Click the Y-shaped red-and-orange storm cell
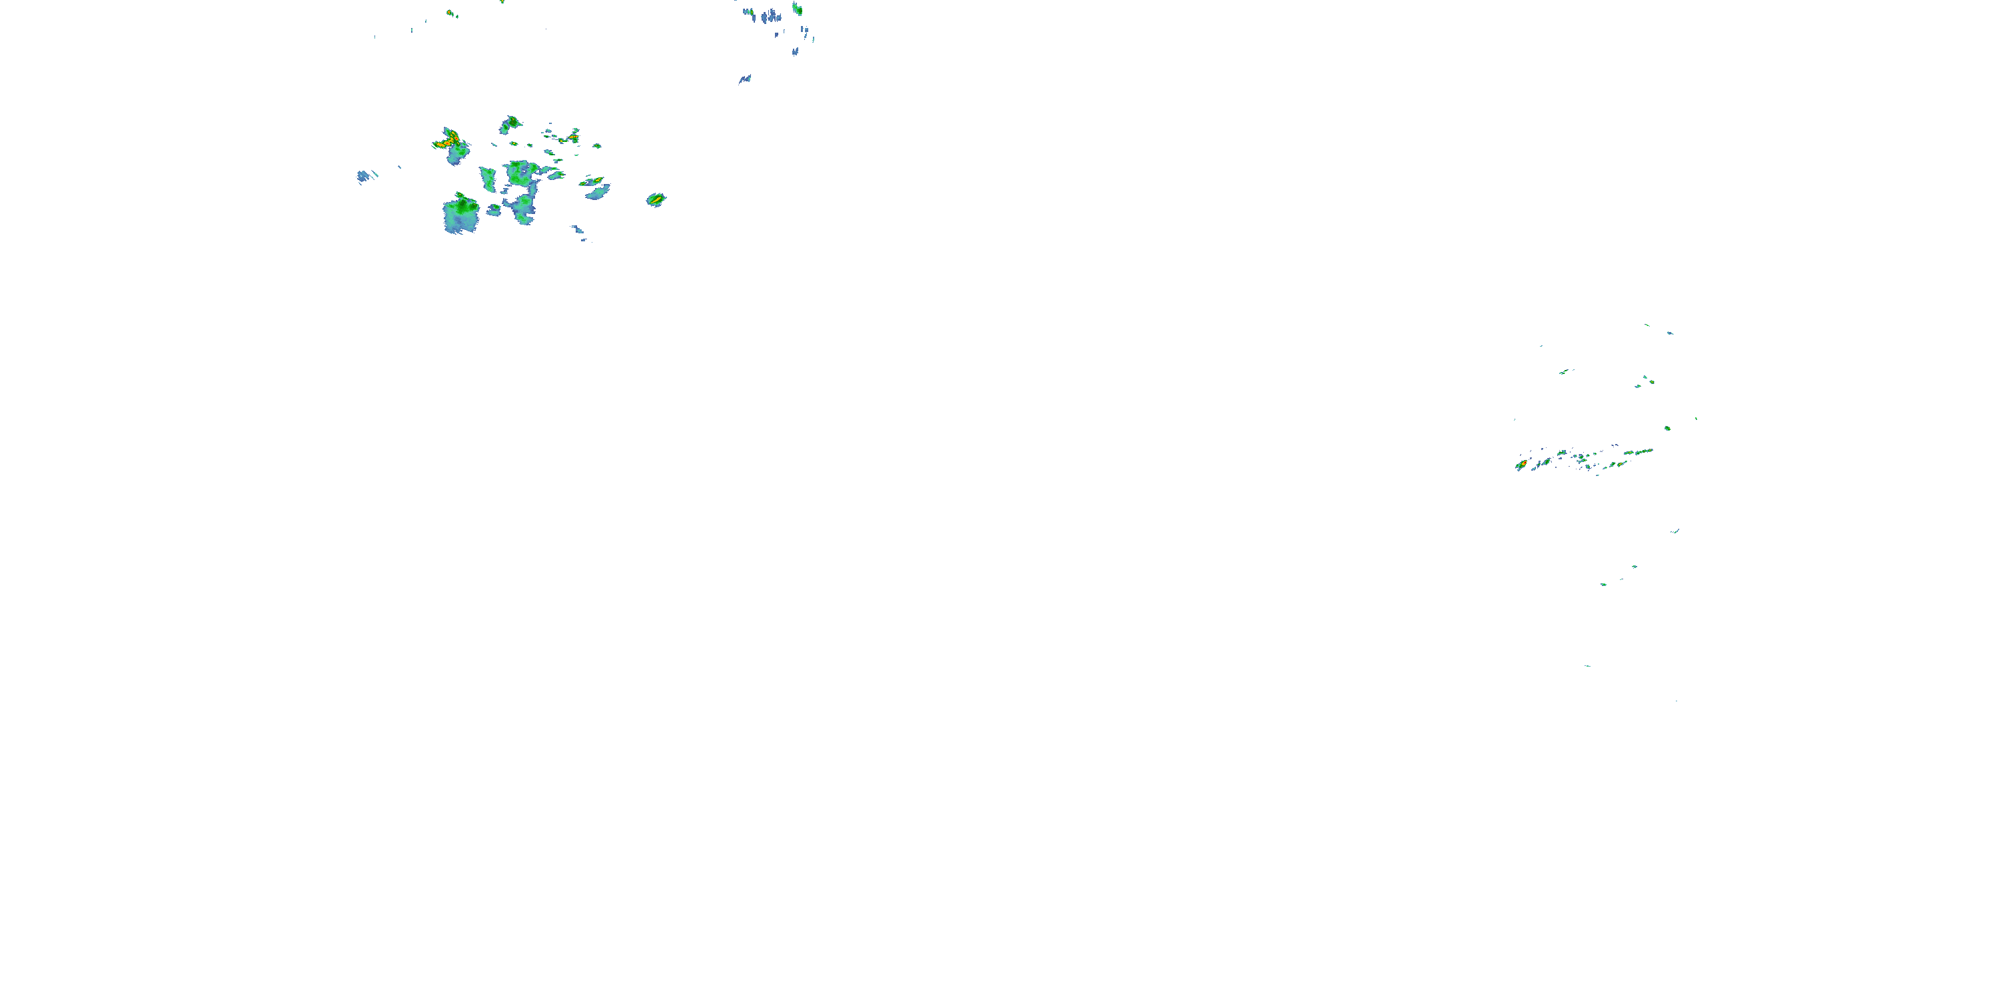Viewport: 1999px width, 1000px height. click(x=448, y=141)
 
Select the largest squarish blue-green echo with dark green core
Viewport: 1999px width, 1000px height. click(x=461, y=214)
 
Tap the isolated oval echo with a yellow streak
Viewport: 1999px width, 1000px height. click(x=656, y=199)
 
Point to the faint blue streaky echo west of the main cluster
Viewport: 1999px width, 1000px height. click(x=364, y=176)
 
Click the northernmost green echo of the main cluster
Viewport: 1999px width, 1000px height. click(x=511, y=123)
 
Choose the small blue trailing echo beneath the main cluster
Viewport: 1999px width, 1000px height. click(x=579, y=231)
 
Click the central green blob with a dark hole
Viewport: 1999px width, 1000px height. click(x=522, y=173)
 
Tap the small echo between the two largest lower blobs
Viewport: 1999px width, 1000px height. click(x=494, y=209)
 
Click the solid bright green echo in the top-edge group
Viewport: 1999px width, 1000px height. click(x=797, y=9)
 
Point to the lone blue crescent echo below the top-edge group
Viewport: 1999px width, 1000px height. click(x=745, y=79)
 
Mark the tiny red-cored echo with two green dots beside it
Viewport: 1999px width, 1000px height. click(x=450, y=13)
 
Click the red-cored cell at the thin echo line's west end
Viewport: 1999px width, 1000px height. click(x=1522, y=464)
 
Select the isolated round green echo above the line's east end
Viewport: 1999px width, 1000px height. click(x=1667, y=428)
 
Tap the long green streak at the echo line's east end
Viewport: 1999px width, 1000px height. click(x=1640, y=452)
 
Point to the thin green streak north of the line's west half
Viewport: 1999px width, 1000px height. click(x=1566, y=372)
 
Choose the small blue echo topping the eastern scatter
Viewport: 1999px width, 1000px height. click(x=1670, y=333)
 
